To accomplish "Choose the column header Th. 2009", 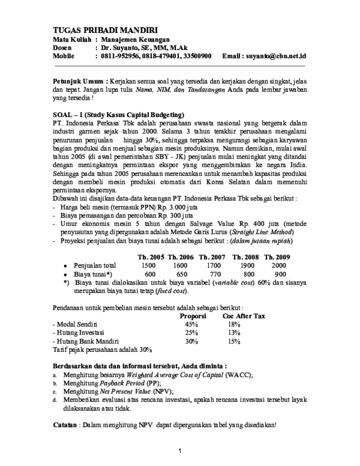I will (x=278, y=240).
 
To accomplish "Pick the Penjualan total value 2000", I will (x=279, y=248).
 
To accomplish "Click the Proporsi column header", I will (x=193, y=315).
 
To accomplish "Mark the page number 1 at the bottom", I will (x=179, y=450).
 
